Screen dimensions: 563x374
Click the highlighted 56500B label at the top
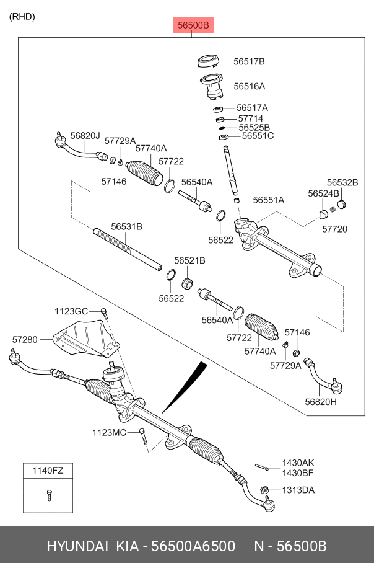pyautogui.click(x=192, y=26)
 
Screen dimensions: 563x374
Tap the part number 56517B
pyautogui.click(x=249, y=61)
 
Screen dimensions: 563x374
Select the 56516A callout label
pyautogui.click(x=249, y=86)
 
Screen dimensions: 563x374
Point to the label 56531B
pyautogui.click(x=126, y=227)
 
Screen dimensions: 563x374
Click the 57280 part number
pyautogui.click(x=25, y=339)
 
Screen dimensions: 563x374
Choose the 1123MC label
pyautogui.click(x=110, y=432)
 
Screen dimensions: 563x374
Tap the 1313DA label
pyautogui.click(x=298, y=489)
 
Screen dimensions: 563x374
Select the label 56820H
pyautogui.click(x=321, y=402)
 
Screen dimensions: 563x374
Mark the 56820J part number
pyautogui.click(x=85, y=135)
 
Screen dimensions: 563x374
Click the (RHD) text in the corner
pyautogui.click(x=22, y=17)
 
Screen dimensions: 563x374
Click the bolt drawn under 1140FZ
pyautogui.click(x=48, y=495)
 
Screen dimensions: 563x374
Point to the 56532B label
pyautogui.click(x=342, y=182)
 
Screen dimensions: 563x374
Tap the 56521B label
pyautogui.click(x=189, y=261)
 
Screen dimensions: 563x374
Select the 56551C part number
pyautogui.click(x=258, y=135)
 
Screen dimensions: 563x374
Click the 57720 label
pyautogui.click(x=334, y=229)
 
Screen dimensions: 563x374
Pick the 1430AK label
pyautogui.click(x=298, y=463)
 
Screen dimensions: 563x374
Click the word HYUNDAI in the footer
pyautogui.click(x=77, y=547)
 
